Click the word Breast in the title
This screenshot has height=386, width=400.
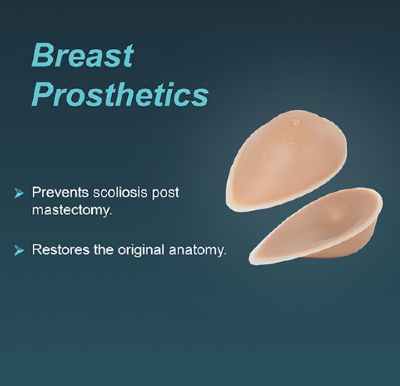[x=83, y=55]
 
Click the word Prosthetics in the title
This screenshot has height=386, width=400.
[x=120, y=94]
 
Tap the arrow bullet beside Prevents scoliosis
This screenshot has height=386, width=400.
[x=19, y=193]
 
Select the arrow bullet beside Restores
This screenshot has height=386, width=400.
[x=19, y=251]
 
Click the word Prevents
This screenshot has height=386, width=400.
[x=61, y=192]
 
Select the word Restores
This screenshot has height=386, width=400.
[x=61, y=250]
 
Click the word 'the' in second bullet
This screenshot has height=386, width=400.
[x=104, y=249]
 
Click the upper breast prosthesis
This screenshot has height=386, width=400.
[x=286, y=161]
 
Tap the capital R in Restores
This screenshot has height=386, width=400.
[x=37, y=250]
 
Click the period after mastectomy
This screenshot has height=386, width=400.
[x=111, y=214]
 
